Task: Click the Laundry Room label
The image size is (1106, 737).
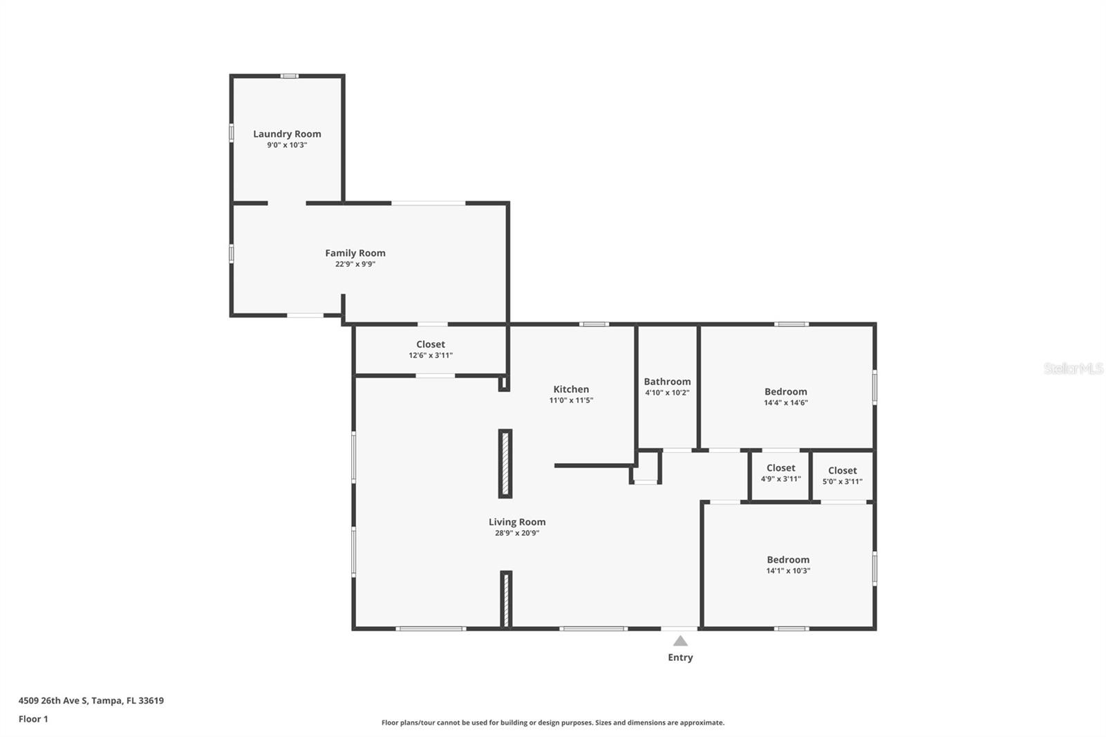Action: pos(287,134)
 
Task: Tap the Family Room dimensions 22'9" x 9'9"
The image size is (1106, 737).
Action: pos(355,264)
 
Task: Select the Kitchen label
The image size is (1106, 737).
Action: pos(571,389)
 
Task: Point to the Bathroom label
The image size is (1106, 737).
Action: pos(667,382)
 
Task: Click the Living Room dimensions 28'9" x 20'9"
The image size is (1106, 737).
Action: pos(517,533)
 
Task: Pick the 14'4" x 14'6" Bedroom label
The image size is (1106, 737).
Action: pos(785,392)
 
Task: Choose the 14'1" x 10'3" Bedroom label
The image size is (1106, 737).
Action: pos(788,560)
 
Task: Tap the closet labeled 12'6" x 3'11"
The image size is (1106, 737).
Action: pos(431,344)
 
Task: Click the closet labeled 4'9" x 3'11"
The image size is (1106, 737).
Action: pos(780,468)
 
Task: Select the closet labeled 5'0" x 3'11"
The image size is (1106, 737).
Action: pos(843,471)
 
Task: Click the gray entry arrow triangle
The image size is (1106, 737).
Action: pos(680,641)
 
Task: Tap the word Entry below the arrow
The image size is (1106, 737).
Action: pos(680,657)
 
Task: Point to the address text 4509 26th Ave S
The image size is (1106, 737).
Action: pos(53,700)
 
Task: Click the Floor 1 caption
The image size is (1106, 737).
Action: pos(34,719)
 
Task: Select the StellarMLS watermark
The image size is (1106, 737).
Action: pos(1073,368)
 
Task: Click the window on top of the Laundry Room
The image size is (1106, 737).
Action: pos(290,76)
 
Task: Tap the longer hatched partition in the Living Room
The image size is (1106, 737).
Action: pos(505,464)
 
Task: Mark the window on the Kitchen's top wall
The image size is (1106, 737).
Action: pos(594,324)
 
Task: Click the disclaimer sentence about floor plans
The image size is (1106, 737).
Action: pos(553,722)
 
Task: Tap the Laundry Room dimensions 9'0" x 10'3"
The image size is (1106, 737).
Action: pos(287,145)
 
